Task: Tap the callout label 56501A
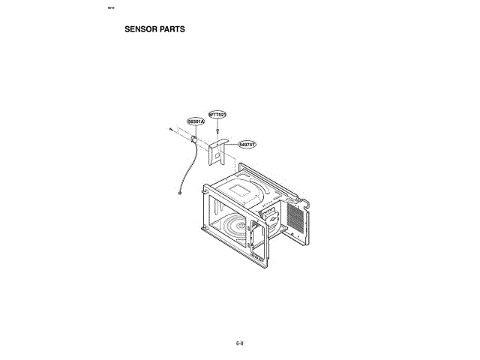(x=195, y=120)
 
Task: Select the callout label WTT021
(x=217, y=114)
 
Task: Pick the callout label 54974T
(x=247, y=143)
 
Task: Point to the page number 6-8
(x=240, y=343)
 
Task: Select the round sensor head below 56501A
(x=194, y=138)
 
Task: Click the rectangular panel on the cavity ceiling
(x=241, y=189)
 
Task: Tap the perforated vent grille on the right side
(x=296, y=218)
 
